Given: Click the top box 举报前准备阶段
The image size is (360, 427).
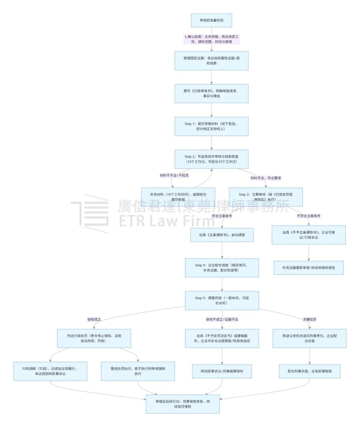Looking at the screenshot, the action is (x=211, y=20).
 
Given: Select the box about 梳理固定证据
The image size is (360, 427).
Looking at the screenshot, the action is (x=211, y=61).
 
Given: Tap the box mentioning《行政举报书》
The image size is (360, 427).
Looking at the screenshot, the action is (x=211, y=93).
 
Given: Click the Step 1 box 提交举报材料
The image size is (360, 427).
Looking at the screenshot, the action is (x=211, y=126).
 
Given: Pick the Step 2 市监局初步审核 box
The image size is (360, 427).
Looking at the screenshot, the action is (x=211, y=159).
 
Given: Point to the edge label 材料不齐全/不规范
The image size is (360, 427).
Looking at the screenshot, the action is (x=174, y=175).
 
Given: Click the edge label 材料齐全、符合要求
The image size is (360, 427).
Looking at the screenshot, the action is (x=266, y=178).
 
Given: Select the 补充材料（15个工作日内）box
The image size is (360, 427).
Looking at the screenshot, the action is (x=178, y=197).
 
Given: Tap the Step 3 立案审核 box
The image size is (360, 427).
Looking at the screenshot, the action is (x=266, y=197).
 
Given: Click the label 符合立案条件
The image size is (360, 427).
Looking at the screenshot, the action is (x=222, y=216).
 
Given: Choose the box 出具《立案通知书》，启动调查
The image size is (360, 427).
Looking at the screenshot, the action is (x=222, y=235).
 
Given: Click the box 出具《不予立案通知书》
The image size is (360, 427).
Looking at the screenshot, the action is (x=309, y=235).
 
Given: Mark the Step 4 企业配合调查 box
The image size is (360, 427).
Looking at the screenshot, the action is (x=222, y=268).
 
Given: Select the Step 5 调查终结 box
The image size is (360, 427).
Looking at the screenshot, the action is (x=222, y=301).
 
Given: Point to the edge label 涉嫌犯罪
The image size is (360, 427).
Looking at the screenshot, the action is (x=310, y=319).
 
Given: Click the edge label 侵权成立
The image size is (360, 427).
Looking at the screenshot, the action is (x=94, y=319).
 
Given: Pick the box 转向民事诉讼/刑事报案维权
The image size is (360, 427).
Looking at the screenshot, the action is (x=222, y=371).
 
